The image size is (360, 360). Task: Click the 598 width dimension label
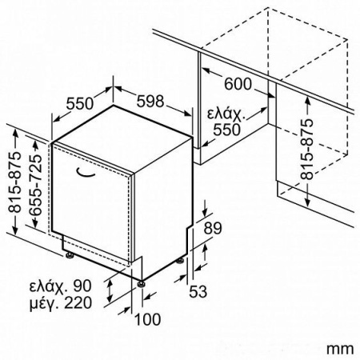tap(150, 102)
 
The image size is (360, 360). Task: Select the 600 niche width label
tap(238, 84)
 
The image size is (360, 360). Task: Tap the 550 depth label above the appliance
tap(80, 104)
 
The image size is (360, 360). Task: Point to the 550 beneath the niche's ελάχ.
tap(227, 130)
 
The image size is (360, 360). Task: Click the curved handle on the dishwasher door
tap(86, 173)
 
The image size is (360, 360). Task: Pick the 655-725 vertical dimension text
tap(36, 185)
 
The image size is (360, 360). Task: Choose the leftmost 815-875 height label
tap(14, 182)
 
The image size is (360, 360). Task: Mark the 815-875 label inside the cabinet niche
tap(306, 149)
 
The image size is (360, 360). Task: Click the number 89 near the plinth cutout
tap(213, 228)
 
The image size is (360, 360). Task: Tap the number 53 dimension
tap(198, 291)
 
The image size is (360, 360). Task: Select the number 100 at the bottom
tap(148, 319)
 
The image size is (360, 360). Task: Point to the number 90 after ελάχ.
tap(82, 286)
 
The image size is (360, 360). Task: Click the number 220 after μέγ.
tap(78, 303)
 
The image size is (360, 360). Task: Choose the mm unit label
tap(340, 349)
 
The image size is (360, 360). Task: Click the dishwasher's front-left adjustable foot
tap(70, 255)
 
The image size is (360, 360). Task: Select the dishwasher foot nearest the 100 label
tap(141, 284)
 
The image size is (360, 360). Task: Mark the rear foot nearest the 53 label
tap(180, 261)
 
